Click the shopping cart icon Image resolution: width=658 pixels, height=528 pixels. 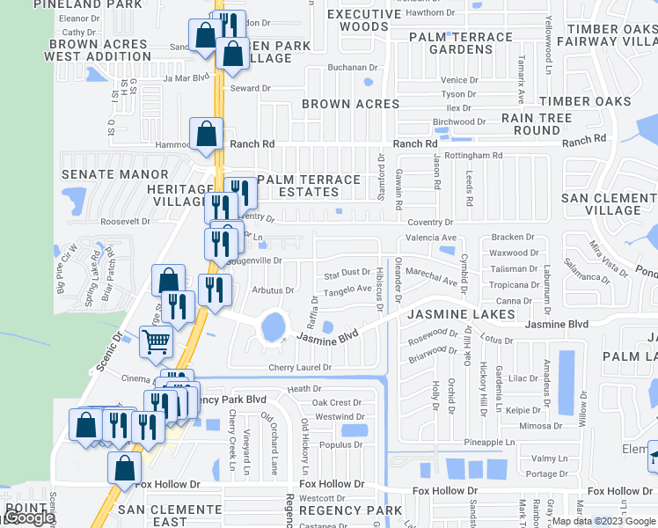click(x=157, y=341)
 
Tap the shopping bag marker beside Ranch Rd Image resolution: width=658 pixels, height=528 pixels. click(x=206, y=135)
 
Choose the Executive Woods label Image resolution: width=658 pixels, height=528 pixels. click(x=363, y=20)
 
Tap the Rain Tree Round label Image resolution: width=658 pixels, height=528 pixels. click(x=537, y=123)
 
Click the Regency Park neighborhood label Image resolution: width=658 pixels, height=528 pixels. click(x=349, y=510)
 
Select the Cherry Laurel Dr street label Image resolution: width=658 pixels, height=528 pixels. click(x=301, y=367)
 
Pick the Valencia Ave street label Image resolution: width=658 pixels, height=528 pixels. click(x=430, y=238)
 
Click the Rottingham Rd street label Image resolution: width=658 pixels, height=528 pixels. click(x=473, y=156)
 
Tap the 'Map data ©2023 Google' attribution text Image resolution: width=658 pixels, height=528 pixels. click(x=602, y=521)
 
